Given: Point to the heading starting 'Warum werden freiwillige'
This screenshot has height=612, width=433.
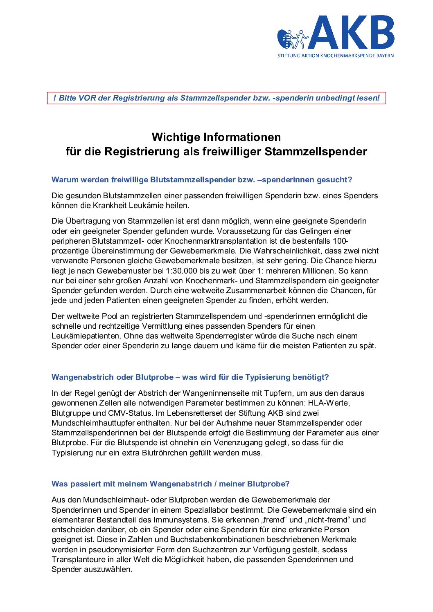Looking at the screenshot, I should pos(202,179).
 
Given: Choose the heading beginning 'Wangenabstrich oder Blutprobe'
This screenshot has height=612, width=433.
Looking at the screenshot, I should pos(190,377).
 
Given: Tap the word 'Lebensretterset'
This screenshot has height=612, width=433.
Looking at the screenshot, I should pos(205,413).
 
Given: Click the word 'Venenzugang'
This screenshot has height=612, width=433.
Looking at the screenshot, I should pos(227,442).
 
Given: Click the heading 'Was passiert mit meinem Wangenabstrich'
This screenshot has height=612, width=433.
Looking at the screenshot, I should pos(171,484).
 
